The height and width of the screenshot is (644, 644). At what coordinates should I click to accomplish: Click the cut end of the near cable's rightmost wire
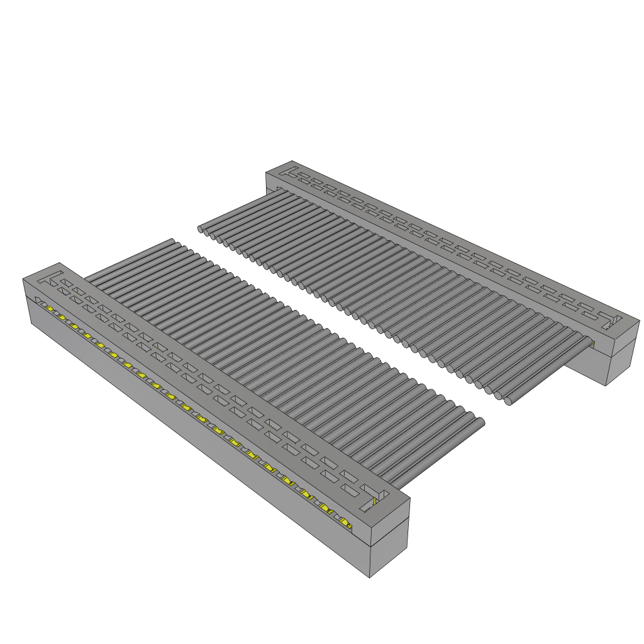(480, 423)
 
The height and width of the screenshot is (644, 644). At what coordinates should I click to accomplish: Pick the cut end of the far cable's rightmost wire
(508, 400)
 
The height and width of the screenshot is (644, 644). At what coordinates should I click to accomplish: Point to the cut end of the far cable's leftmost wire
(202, 230)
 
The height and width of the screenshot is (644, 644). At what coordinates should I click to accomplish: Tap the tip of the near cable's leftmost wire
(170, 241)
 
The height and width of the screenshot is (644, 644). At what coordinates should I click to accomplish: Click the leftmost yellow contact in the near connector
(48, 308)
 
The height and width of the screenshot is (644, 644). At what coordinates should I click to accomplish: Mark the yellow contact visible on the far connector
(592, 343)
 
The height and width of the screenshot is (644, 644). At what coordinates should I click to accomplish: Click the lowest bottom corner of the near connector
(369, 577)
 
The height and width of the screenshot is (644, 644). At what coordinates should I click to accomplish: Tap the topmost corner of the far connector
(292, 160)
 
